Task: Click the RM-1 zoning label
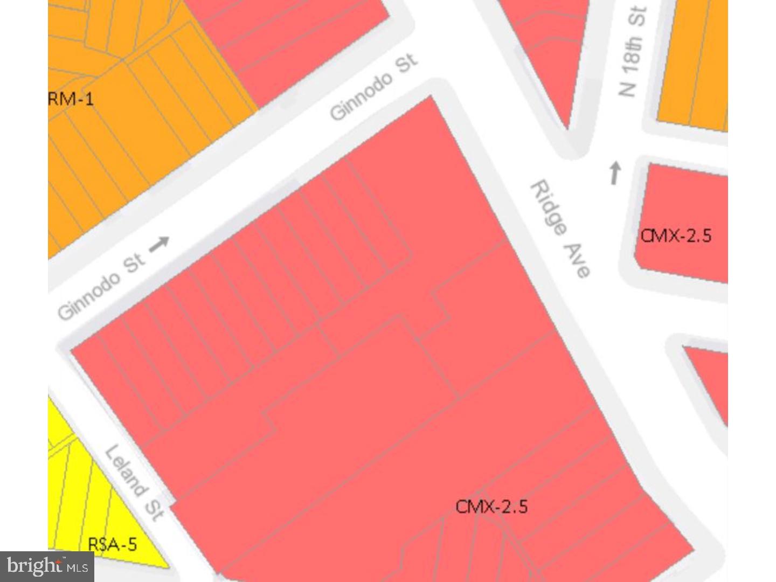point(71,99)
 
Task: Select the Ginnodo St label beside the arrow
point(101,287)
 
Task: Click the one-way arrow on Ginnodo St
point(159,245)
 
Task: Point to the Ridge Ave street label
point(560,228)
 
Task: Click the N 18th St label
point(632,51)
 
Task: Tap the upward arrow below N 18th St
point(615,173)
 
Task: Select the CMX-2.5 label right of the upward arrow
point(676,236)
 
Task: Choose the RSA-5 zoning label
point(112,544)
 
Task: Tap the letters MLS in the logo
point(77,567)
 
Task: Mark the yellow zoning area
point(81,485)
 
